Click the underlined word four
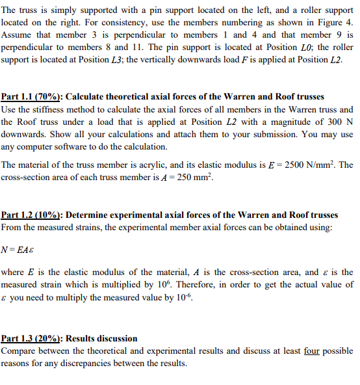(x=313, y=351)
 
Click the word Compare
(x=20, y=351)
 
